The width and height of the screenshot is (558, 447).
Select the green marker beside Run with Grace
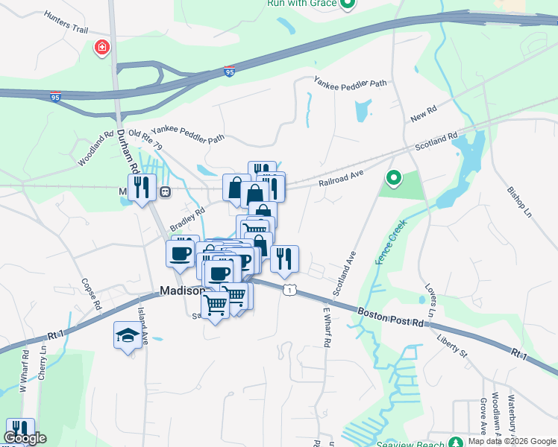[347, 4]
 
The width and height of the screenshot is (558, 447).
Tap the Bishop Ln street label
[520, 201]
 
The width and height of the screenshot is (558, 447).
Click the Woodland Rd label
[95, 150]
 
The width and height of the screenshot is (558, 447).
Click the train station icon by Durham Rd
[166, 191]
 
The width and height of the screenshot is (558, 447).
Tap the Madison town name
[182, 291]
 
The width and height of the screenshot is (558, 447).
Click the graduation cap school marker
[128, 337]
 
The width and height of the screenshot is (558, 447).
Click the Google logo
[25, 438]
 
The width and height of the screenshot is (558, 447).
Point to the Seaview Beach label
[418, 442]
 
